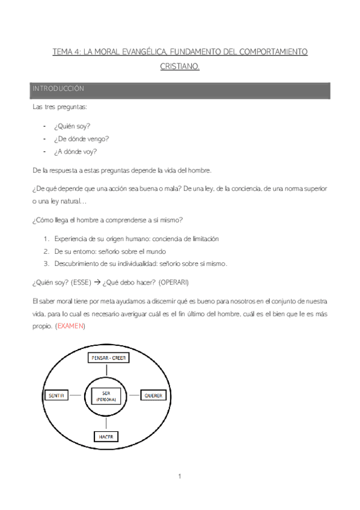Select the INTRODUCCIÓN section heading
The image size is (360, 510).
click(58, 89)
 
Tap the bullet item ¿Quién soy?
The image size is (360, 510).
click(72, 127)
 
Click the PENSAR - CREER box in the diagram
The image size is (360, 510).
click(109, 358)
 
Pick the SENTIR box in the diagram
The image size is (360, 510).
click(55, 395)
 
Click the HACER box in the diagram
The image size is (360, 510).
click(106, 436)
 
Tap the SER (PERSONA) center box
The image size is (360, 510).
click(106, 396)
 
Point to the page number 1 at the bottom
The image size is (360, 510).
click(180, 477)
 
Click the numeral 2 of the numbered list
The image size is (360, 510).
click(46, 251)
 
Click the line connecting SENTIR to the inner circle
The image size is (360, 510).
click(75, 395)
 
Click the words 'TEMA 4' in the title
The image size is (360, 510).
click(66, 52)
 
